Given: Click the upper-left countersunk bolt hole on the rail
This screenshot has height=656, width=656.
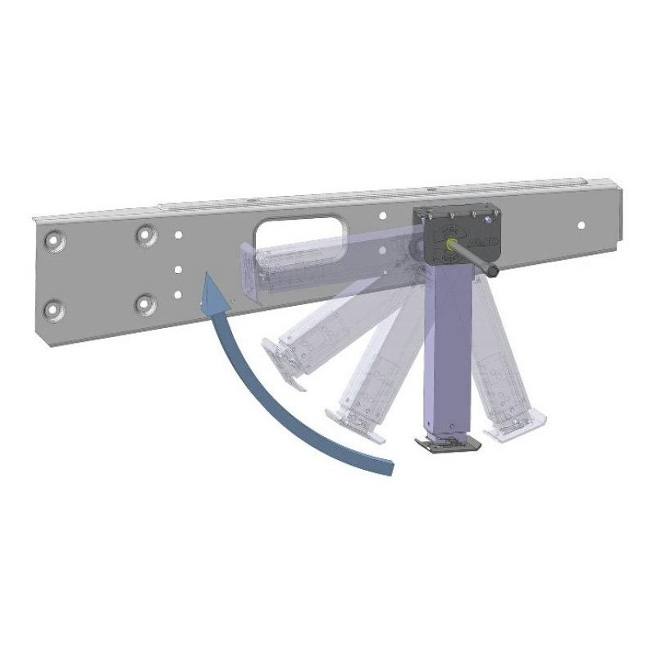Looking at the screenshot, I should [x=57, y=240].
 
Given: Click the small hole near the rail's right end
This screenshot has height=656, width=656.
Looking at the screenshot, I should [x=581, y=224].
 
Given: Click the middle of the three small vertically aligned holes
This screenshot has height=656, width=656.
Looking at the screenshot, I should [x=178, y=267].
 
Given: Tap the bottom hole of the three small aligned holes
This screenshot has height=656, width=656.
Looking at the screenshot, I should [x=177, y=294].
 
